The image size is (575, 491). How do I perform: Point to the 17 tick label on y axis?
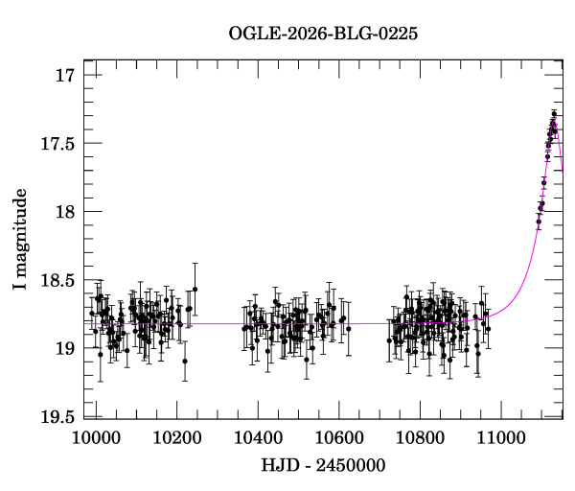point(64,75)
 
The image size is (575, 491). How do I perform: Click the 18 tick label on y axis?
point(64,212)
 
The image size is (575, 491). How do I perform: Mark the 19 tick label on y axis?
point(64,348)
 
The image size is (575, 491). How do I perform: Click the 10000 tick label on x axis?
point(96,436)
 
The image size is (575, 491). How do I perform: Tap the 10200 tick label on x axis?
point(177,436)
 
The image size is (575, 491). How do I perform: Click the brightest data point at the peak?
point(554,114)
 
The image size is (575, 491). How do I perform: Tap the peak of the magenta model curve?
point(554,122)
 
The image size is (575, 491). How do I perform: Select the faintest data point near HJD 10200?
point(185,362)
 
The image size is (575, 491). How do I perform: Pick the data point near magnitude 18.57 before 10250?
point(195,289)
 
